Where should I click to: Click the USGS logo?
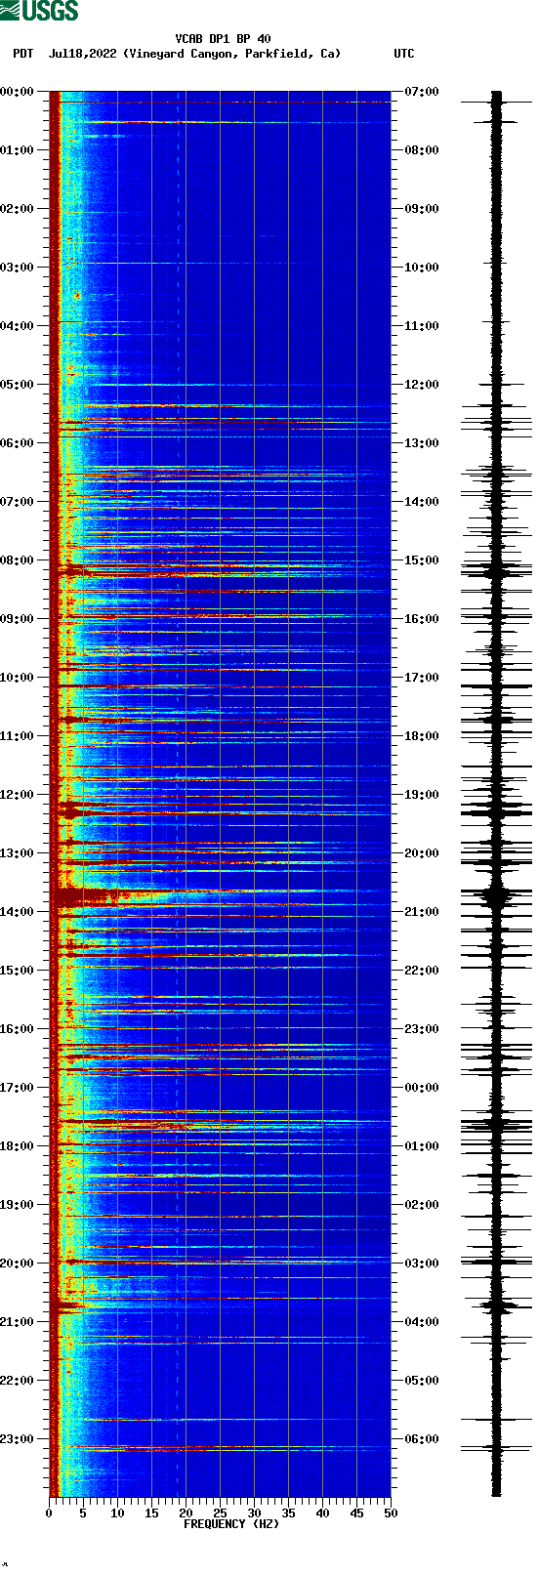[x=39, y=11]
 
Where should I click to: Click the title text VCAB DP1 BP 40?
[x=223, y=39]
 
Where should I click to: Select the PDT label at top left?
[x=22, y=54]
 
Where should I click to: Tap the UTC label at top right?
[x=403, y=54]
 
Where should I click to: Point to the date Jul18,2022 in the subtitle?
[x=82, y=54]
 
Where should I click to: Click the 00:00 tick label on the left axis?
[x=18, y=92]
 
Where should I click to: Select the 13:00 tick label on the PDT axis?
[x=18, y=853]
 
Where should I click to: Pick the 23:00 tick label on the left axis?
[x=18, y=1439]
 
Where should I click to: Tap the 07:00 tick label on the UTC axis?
[x=422, y=92]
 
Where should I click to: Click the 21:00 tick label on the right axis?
[x=422, y=912]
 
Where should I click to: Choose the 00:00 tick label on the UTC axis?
[x=422, y=1088]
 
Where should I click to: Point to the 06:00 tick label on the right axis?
[x=422, y=1439]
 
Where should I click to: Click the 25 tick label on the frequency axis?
[x=220, y=1513]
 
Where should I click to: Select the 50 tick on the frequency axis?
[x=391, y=1513]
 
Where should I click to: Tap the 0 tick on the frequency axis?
[x=49, y=1513]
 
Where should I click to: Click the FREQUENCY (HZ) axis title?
[x=231, y=1524]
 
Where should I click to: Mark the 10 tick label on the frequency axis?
[x=117, y=1513]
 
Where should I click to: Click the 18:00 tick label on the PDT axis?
[x=18, y=1146]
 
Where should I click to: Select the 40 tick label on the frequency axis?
[x=322, y=1513]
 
